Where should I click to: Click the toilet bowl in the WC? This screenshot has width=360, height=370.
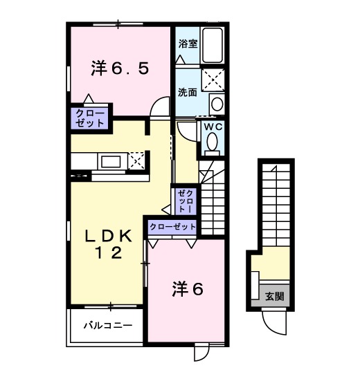[212, 143]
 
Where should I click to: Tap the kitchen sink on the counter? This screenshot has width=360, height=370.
[110, 161]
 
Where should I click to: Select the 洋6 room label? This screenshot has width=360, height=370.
[187, 290]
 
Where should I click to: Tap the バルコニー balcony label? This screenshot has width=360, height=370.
[104, 324]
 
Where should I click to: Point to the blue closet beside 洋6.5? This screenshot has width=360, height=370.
[88, 118]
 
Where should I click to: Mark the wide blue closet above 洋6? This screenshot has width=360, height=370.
[172, 227]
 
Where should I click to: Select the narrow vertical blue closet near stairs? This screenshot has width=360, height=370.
[186, 200]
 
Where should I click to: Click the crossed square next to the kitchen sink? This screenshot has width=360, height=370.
[136, 160]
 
